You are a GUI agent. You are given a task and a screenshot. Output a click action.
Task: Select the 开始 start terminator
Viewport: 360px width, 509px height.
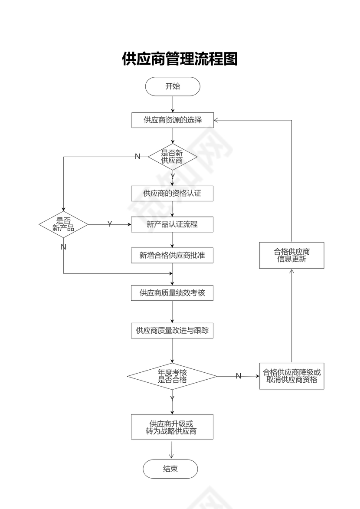click(x=173, y=86)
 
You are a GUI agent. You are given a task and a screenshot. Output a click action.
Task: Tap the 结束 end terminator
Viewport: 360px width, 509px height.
click(x=170, y=469)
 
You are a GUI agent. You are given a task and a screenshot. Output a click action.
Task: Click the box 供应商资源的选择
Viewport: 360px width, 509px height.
click(x=173, y=120)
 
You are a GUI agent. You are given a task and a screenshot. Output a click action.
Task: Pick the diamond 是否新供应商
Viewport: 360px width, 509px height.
click(x=173, y=157)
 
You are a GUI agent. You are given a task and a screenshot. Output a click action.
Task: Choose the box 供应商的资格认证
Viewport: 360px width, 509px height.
click(x=172, y=193)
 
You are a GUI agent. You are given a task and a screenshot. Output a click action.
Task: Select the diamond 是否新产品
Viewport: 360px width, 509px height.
click(x=63, y=224)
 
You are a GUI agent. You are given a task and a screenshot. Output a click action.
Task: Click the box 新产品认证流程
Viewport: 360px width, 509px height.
click(x=172, y=224)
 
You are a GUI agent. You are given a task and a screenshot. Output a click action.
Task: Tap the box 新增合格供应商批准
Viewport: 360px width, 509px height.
click(x=172, y=256)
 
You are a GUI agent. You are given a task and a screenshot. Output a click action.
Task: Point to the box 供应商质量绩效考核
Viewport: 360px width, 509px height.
click(x=172, y=293)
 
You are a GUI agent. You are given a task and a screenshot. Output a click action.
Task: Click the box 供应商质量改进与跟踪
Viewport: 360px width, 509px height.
click(x=172, y=331)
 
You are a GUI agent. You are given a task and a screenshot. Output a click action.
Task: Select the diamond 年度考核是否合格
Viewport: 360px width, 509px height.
click(x=172, y=376)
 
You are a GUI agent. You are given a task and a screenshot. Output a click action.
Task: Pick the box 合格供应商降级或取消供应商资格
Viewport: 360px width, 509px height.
click(x=291, y=376)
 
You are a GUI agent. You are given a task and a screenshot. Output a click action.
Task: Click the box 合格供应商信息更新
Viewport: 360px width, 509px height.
click(x=291, y=255)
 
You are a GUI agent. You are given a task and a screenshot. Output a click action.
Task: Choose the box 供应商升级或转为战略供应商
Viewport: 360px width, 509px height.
click(x=172, y=427)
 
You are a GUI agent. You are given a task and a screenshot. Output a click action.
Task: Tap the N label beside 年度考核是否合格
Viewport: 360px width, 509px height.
click(x=238, y=376)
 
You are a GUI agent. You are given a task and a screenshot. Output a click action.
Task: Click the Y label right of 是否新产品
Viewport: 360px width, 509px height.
click(x=110, y=224)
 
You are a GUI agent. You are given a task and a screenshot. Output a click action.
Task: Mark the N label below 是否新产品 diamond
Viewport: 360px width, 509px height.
click(x=63, y=247)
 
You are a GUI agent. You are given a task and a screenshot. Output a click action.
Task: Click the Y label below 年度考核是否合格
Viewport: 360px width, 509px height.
click(x=172, y=398)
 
